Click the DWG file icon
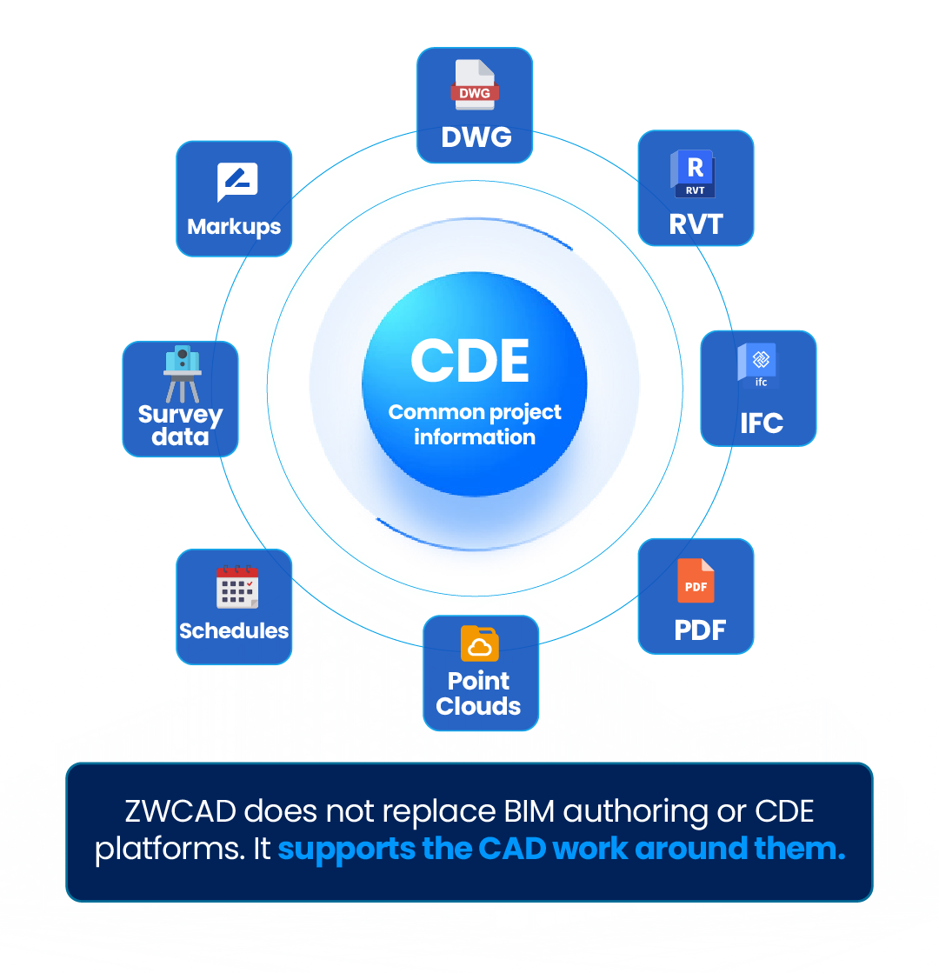(474, 84)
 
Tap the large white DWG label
(476, 137)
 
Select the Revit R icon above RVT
(694, 174)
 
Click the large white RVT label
(696, 224)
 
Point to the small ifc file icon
(758, 365)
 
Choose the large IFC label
(762, 423)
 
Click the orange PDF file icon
(695, 580)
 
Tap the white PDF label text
(699, 630)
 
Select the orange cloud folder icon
(479, 643)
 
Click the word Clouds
(478, 706)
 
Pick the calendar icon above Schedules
(237, 587)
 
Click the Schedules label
(234, 630)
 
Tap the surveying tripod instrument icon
(182, 374)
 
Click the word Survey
(180, 415)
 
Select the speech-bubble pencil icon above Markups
(237, 182)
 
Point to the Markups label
(234, 227)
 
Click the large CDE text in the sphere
(469, 361)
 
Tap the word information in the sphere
(474, 437)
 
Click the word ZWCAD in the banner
(180, 811)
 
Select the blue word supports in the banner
(346, 850)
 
